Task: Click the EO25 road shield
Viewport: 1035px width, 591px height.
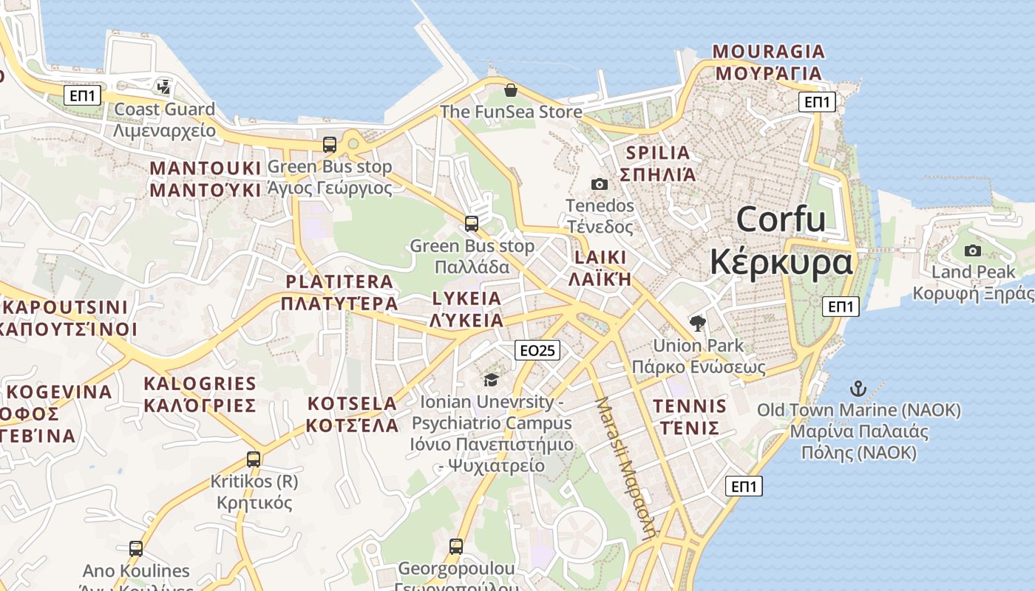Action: (x=537, y=350)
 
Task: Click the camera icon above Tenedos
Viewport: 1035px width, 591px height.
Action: (x=600, y=184)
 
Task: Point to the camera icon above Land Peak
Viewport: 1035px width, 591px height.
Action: (x=973, y=250)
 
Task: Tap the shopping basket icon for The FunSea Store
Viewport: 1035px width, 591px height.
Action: (x=510, y=90)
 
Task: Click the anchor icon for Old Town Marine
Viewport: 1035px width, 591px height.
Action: (x=858, y=388)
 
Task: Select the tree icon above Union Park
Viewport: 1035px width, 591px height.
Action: (x=697, y=323)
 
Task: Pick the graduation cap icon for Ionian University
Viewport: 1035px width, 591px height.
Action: (x=491, y=380)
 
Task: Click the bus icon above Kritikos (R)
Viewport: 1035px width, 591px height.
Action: (x=254, y=459)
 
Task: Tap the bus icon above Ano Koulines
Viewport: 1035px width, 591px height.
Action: (x=136, y=548)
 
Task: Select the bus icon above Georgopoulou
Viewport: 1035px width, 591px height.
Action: (x=456, y=547)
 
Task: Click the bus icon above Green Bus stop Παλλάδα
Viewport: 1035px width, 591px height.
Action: (x=472, y=223)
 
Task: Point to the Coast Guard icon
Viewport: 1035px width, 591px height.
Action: (x=163, y=87)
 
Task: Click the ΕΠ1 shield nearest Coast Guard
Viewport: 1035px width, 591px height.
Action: (x=82, y=95)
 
